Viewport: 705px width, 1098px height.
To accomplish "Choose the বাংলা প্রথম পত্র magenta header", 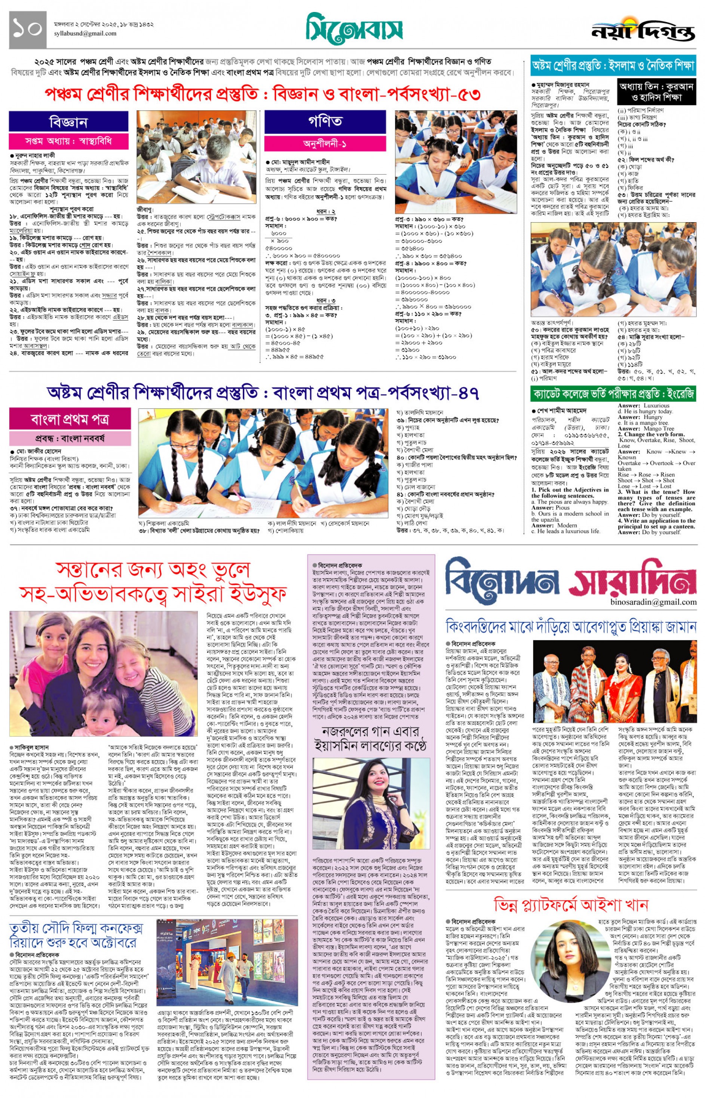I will click(x=70, y=419).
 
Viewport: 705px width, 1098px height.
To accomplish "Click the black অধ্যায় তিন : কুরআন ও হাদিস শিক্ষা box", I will click(x=656, y=92).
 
